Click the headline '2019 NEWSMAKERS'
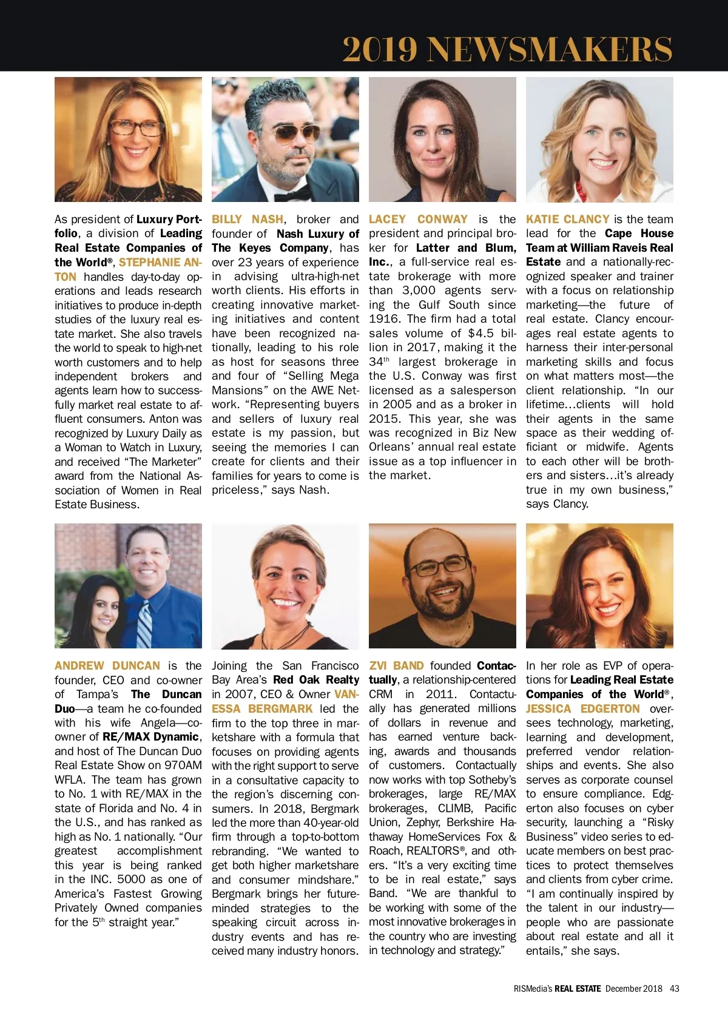click(x=507, y=49)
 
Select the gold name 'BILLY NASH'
click(x=248, y=219)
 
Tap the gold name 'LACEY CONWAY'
click(x=418, y=219)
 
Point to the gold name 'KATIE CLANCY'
click(x=567, y=219)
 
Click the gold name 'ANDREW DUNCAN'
click(x=107, y=665)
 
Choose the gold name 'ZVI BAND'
click(x=396, y=665)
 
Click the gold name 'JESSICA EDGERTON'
click(x=582, y=708)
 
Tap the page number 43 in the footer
click(x=675, y=988)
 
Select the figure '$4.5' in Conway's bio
click(x=481, y=333)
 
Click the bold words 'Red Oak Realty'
click(x=316, y=680)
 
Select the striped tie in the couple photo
click(x=144, y=625)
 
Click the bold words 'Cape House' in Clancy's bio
click(x=639, y=234)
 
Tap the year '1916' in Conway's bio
click(x=383, y=319)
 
